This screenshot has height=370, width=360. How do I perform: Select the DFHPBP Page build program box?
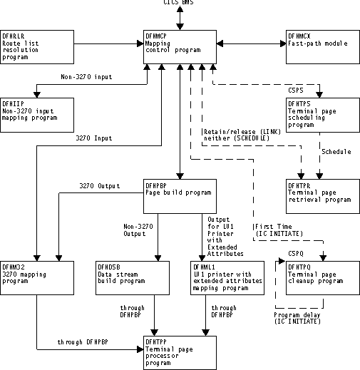coord(179,192)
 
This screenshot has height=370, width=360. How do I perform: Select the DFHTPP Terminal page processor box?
coord(179,349)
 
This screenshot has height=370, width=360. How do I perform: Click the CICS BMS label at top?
coord(179,4)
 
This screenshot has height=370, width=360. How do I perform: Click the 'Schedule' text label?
coord(336,152)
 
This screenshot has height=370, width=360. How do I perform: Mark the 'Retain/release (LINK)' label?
coord(236,132)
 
